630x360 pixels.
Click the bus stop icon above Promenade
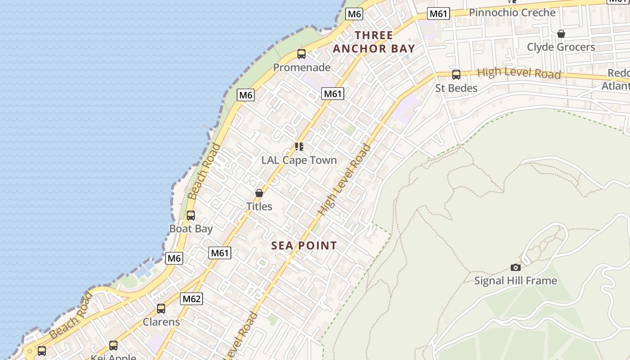pyautogui.click(x=301, y=54)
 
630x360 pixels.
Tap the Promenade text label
pyautogui.click(x=301, y=67)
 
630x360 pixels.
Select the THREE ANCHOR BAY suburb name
pyautogui.click(x=373, y=42)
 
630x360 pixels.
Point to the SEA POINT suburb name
pyautogui.click(x=304, y=246)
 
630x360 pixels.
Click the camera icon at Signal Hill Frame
pyautogui.click(x=516, y=267)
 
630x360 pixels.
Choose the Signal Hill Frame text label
pyautogui.click(x=516, y=281)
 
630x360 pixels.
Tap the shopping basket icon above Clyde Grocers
pyautogui.click(x=561, y=34)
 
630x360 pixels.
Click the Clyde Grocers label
pyautogui.click(x=561, y=47)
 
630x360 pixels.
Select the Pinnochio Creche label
pyautogui.click(x=512, y=13)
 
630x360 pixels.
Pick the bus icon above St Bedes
pyautogui.click(x=456, y=75)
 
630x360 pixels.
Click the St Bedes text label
pyautogui.click(x=456, y=88)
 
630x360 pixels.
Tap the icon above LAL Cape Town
pyautogui.click(x=299, y=147)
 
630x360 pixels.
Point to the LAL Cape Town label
pyautogui.click(x=299, y=160)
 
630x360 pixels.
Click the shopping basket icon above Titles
pyautogui.click(x=259, y=193)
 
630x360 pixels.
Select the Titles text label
pyautogui.click(x=259, y=207)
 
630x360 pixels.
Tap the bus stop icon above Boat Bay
pyautogui.click(x=191, y=216)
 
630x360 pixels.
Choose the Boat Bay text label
pyautogui.click(x=191, y=229)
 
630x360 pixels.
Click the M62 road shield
pyautogui.click(x=192, y=299)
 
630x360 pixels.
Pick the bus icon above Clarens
pyautogui.click(x=161, y=309)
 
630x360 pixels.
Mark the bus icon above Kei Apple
pyautogui.click(x=113, y=346)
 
